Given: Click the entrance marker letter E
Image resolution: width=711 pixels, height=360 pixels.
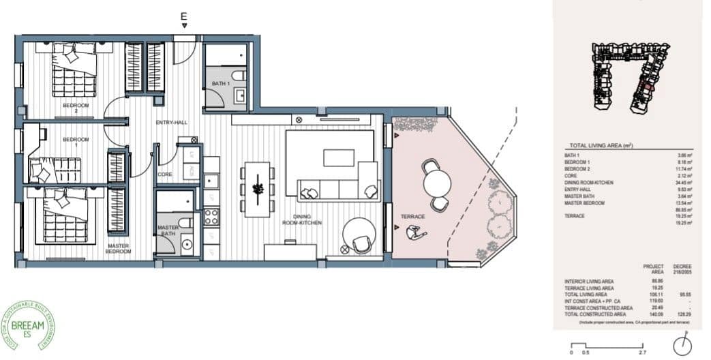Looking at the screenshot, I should (x=183, y=15).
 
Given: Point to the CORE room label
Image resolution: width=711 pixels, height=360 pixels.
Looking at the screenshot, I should (x=164, y=175).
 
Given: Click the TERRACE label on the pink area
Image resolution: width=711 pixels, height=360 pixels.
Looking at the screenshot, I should (x=413, y=217).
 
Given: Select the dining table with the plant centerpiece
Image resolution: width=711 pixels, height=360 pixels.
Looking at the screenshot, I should (x=258, y=189).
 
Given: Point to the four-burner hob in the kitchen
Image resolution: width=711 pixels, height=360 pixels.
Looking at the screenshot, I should (x=211, y=217).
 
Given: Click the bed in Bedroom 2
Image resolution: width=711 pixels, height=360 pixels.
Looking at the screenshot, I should (x=72, y=72).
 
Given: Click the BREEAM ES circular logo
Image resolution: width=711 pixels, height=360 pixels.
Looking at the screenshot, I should (x=29, y=326).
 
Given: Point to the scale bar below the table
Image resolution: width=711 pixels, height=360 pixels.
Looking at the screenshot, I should (x=604, y=346).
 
